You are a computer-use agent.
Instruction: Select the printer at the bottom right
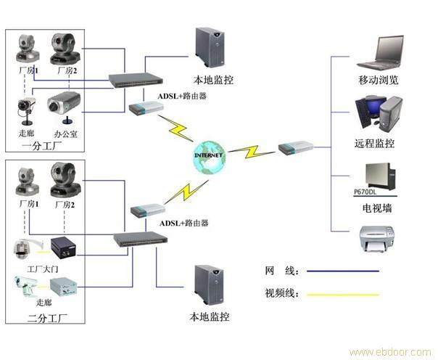pos(378,239)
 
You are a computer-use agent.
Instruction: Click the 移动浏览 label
pos(378,80)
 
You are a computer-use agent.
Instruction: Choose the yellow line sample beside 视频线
pos(342,295)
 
